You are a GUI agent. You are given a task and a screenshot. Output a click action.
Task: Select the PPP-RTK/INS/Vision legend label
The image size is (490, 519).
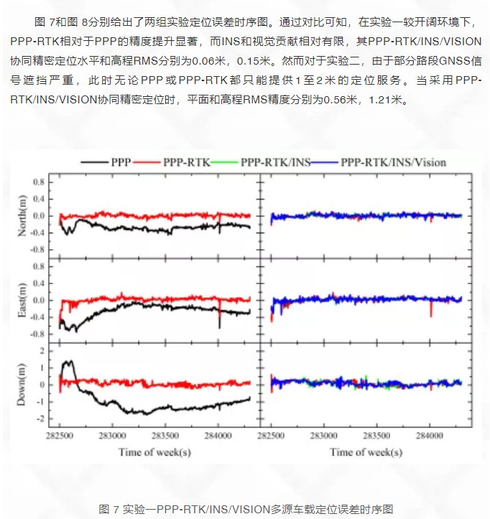394,162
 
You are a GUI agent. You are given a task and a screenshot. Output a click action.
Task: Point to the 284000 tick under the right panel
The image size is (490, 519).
429,436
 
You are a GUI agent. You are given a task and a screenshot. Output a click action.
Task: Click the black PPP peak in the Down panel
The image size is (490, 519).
70,361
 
